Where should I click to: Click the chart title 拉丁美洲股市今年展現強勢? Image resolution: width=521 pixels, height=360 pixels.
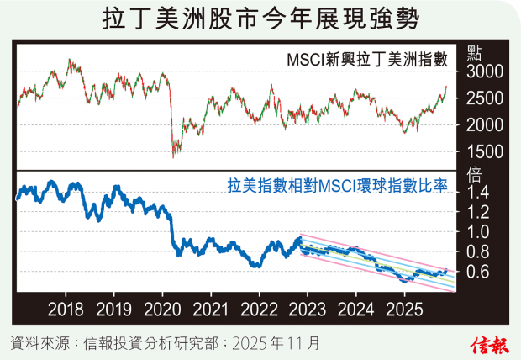[x=260, y=19]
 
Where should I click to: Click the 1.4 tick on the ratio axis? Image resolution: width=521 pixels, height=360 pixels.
[x=479, y=193]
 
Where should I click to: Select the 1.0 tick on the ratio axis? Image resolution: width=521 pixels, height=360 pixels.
[x=479, y=232]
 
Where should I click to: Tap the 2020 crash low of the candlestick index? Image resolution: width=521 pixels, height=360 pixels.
[x=173, y=156]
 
